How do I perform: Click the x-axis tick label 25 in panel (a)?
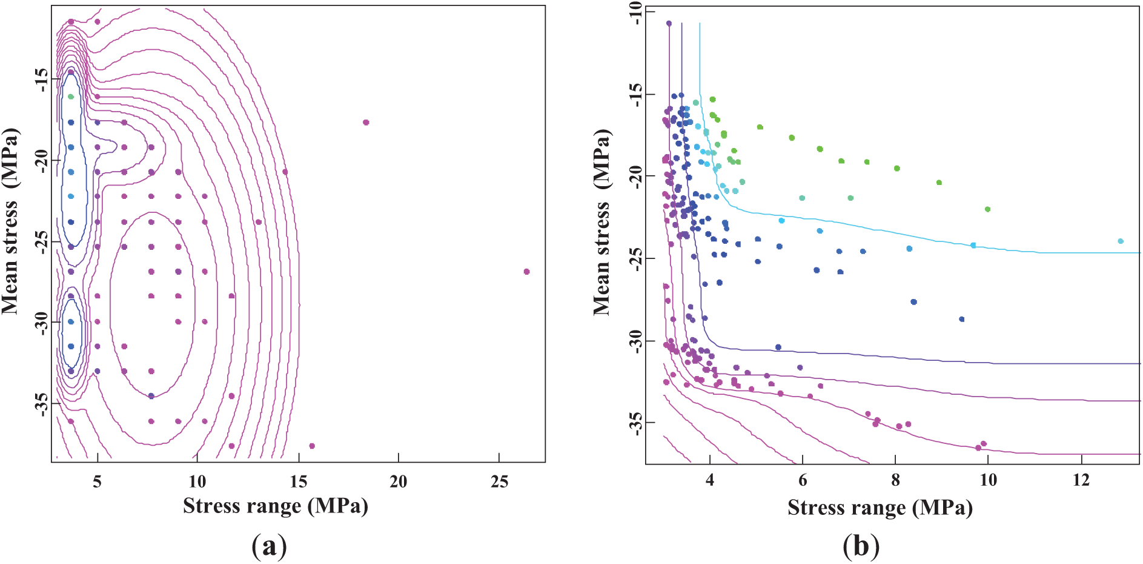[x=499, y=482]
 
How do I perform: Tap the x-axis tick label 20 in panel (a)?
[x=398, y=482]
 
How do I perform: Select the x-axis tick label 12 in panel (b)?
[x=1081, y=481]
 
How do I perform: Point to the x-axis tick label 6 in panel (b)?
[x=803, y=481]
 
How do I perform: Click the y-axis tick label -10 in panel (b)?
[x=634, y=13]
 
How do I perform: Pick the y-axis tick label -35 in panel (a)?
[x=41, y=404]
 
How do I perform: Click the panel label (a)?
[x=268, y=546]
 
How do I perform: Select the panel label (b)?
[x=861, y=546]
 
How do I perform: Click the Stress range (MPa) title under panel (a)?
[x=276, y=506]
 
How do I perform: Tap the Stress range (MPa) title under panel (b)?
[x=880, y=507]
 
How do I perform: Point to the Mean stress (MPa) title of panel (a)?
[x=10, y=221]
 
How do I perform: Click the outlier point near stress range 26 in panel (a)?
[x=526, y=272]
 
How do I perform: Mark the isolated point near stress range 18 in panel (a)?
[x=366, y=123]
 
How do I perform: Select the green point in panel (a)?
[x=71, y=96]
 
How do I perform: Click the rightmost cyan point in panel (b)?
[x=1120, y=241]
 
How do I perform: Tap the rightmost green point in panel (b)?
[x=987, y=209]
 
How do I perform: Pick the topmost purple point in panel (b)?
[x=669, y=24]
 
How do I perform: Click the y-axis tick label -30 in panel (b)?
[x=634, y=341]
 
